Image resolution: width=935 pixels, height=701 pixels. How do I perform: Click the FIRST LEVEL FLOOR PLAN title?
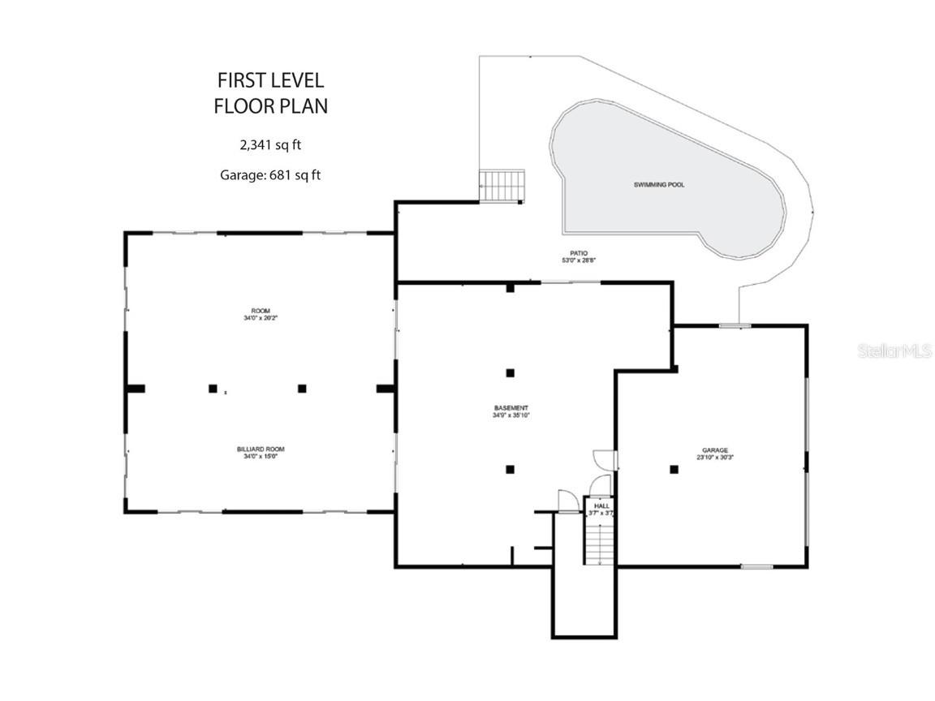tap(270, 92)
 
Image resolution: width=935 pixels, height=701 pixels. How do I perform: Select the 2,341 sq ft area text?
tap(270, 145)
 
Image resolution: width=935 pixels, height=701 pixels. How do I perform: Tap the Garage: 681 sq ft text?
tap(270, 174)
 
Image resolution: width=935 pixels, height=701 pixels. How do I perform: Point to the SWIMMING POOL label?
tap(659, 185)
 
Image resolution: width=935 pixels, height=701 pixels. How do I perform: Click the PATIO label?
tap(578, 252)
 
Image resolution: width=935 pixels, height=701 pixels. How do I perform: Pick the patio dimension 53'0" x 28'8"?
tap(578, 260)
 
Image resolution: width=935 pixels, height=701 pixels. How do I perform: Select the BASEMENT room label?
tap(511, 407)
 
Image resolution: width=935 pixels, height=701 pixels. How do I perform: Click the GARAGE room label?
tap(715, 449)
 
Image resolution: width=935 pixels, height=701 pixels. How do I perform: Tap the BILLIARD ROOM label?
tap(261, 449)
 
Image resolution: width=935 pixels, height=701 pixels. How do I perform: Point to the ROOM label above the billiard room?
tap(261, 311)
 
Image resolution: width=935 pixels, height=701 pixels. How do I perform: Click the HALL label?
tap(601, 505)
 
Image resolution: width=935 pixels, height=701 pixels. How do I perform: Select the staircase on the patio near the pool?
tap(502, 186)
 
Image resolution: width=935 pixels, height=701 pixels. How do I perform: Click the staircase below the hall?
tap(600, 544)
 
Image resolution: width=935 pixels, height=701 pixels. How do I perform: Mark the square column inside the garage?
tap(674, 469)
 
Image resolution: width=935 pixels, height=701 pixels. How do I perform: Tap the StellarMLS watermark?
tap(895, 351)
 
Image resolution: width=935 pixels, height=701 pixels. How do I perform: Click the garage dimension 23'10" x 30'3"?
tap(715, 458)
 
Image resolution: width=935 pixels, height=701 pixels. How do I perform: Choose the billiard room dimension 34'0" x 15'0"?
tap(261, 457)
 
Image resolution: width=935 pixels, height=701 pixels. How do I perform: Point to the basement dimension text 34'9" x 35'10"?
tap(511, 415)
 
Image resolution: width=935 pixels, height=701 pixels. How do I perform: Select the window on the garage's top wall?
tap(735, 326)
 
